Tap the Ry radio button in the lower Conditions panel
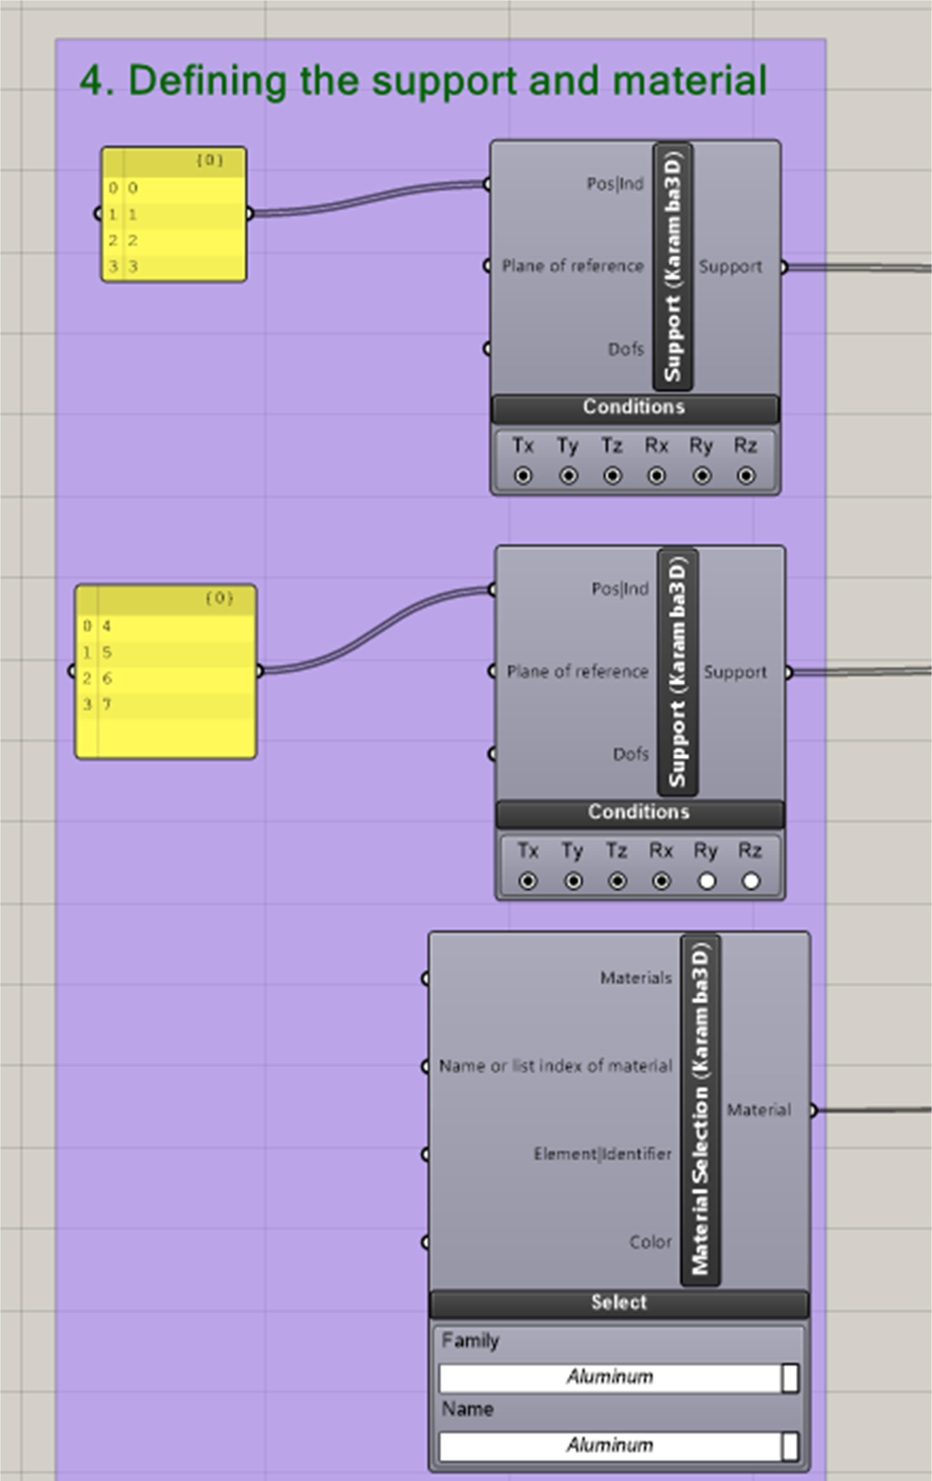706,881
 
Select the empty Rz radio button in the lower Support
751,881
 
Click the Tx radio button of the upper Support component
523,475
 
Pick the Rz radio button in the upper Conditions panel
746,475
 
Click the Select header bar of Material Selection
619,1302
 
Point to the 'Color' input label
650,1242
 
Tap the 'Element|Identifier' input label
602,1154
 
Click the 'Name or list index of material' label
555,1066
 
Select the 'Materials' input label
636,978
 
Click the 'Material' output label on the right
758,1110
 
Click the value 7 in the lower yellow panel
107,704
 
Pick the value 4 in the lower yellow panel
107,626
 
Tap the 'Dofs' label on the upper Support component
626,349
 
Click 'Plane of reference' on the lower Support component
577,671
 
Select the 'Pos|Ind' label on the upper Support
615,184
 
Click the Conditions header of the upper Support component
634,407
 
